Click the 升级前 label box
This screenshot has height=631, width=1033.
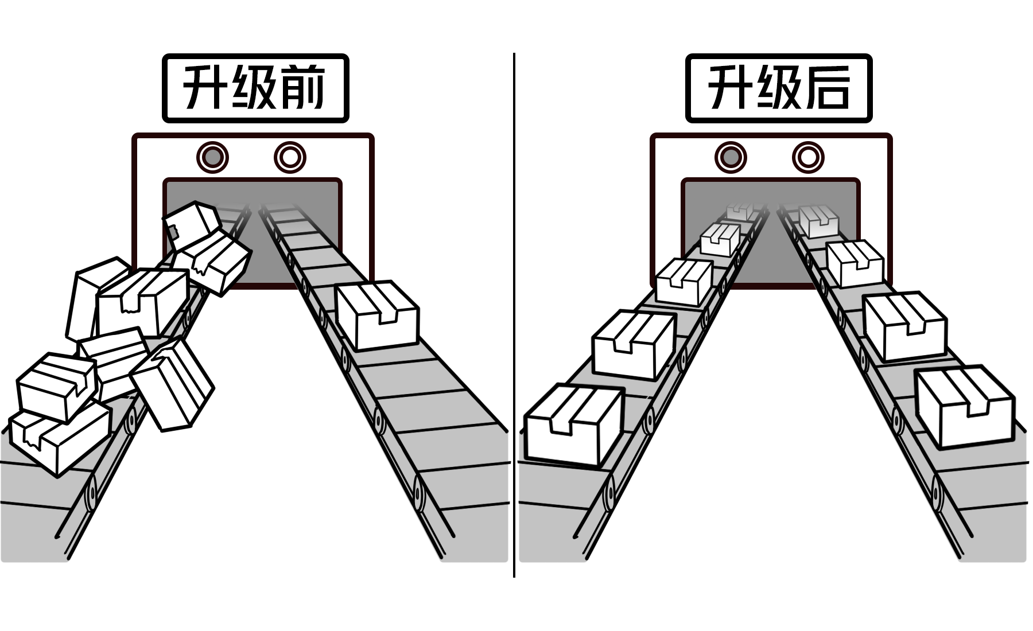pos(255,88)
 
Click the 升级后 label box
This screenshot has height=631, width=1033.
pos(778,88)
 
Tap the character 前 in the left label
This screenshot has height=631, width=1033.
pos(303,88)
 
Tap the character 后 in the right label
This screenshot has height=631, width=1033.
pos(827,88)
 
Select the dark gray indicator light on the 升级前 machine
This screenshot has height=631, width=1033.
pos(212,157)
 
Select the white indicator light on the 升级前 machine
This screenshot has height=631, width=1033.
pos(290,157)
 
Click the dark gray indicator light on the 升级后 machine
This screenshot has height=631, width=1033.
pos(731,157)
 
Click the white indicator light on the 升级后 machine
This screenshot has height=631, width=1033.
pos(808,157)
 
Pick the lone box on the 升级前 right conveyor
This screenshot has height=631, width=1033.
pos(377,315)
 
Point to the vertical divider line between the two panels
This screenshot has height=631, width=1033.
pos(514,315)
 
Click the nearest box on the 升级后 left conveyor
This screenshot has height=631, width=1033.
pos(573,424)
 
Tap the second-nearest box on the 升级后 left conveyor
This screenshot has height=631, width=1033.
pos(633,345)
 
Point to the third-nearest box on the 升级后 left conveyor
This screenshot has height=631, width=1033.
pos(684,282)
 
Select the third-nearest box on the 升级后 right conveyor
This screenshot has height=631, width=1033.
pos(855,263)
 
